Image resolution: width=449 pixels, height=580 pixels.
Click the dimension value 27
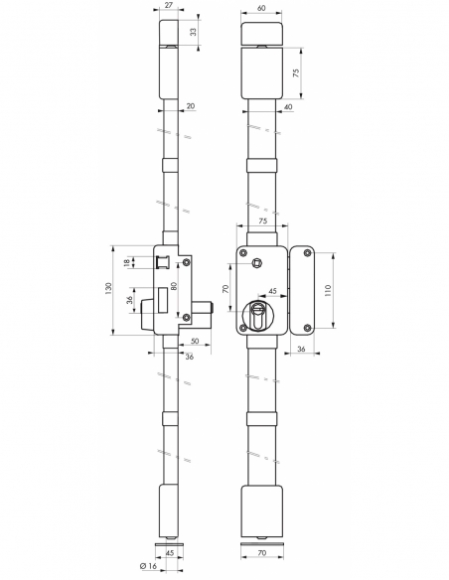168,7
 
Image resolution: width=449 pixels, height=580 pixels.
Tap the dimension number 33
193,33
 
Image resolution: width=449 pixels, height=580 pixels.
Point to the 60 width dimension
261,7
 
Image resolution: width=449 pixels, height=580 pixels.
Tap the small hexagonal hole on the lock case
257,262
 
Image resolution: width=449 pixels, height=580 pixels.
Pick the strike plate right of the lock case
301,288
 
